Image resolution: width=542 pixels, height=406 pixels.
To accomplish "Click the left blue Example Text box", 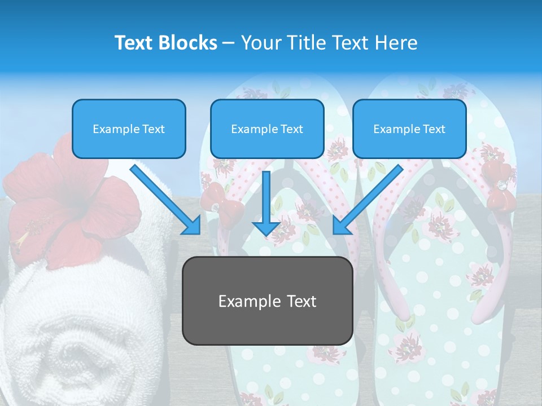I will coord(129,129).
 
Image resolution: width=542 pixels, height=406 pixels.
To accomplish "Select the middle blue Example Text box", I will coord(267,129).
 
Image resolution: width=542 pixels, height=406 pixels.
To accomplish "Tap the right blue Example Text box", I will coord(409,129).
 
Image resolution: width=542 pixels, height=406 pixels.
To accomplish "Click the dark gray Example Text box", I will coord(267,301).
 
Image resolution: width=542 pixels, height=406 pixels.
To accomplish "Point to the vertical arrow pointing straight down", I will coord(266,203).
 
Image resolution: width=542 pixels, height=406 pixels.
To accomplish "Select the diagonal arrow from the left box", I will coord(167,200).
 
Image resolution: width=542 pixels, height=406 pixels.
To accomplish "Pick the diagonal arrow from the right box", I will coord(367,200).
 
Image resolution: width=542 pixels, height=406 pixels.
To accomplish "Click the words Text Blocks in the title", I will coord(165,43).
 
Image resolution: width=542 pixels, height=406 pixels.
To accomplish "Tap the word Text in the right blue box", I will coord(434,129).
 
